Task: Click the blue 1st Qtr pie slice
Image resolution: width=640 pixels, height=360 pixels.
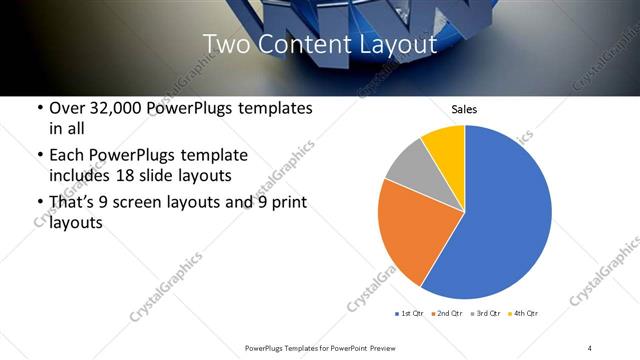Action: pyautogui.click(x=510, y=220)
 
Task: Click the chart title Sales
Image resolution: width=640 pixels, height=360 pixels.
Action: pyautogui.click(x=465, y=108)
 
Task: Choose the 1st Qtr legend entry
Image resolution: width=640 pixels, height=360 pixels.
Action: pyautogui.click(x=410, y=314)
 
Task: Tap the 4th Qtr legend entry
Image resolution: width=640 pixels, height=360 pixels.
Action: pyautogui.click(x=526, y=314)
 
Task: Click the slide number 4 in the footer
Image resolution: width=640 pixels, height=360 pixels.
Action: pyautogui.click(x=589, y=347)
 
